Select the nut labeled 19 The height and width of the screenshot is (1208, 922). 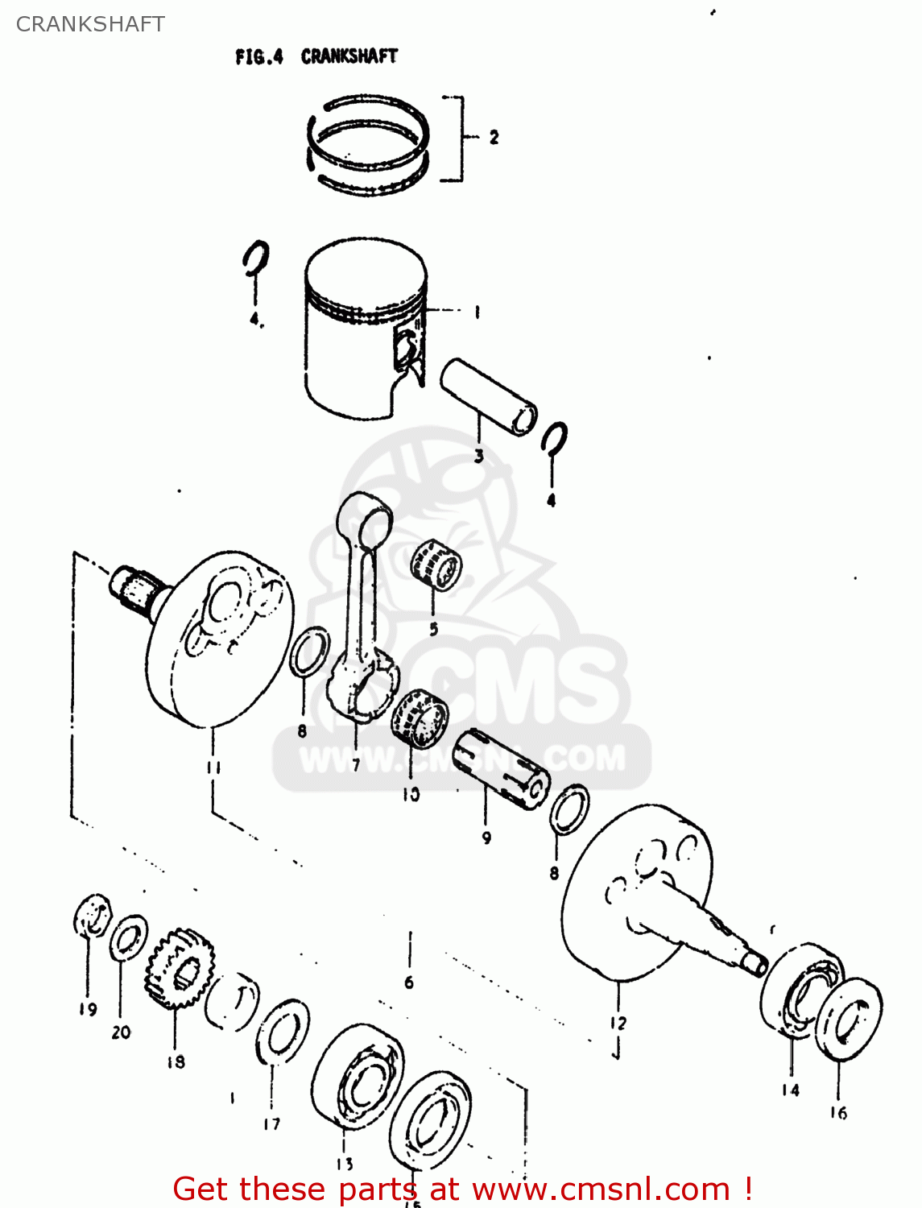coord(93,916)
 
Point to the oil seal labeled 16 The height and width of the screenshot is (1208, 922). coord(848,1019)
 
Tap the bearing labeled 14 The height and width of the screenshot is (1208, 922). coord(801,987)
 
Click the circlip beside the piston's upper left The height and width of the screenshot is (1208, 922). coord(256,259)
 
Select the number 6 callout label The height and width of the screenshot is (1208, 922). coord(409,983)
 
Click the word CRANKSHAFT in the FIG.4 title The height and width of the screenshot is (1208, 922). coord(349,56)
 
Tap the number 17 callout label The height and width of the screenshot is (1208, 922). coord(271,1123)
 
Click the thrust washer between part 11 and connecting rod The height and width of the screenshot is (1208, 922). coord(308,654)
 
